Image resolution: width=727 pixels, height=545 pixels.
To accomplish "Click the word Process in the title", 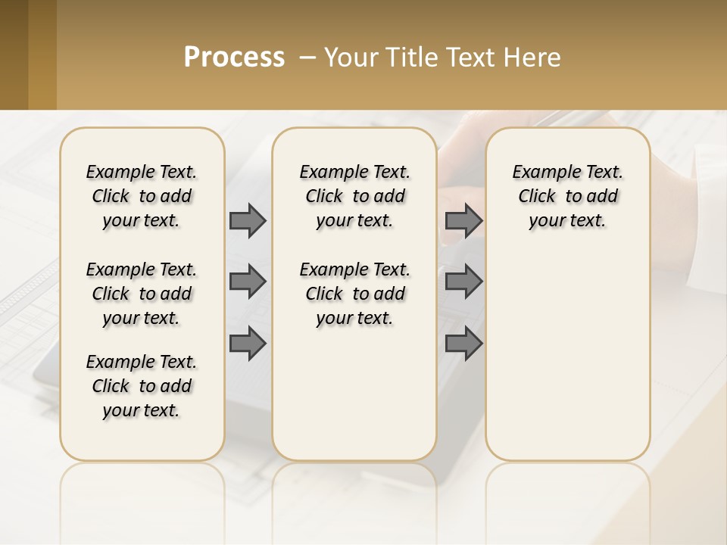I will click(234, 58).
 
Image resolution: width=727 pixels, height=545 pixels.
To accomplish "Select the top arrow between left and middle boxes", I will click(248, 220).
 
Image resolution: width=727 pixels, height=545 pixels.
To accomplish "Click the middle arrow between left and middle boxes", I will click(248, 282).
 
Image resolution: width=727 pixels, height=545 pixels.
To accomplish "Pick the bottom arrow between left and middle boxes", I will click(248, 344).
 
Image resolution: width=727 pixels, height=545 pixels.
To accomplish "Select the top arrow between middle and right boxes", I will click(463, 220).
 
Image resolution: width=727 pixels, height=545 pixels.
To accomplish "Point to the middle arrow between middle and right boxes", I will click(463, 282).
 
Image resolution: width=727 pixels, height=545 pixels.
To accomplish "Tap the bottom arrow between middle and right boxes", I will click(463, 344).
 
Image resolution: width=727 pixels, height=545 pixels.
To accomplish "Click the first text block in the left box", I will click(142, 196).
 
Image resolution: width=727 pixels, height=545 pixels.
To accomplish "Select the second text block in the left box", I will click(142, 294).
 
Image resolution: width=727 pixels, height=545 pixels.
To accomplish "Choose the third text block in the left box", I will click(142, 386).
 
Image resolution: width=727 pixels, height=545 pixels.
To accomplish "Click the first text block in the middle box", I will click(354, 196).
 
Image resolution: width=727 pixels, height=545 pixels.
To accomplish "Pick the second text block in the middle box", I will click(354, 294).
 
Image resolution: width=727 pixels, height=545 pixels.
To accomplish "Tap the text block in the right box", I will click(567, 196).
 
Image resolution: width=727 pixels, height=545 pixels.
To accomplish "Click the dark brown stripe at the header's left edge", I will click(14, 54).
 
